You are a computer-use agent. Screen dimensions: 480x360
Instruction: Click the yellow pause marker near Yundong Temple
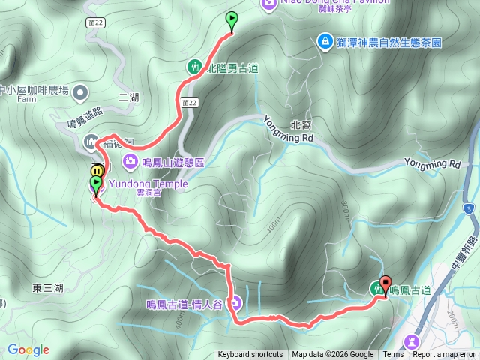tap(97, 172)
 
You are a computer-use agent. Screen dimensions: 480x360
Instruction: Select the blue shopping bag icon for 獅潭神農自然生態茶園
tap(325, 40)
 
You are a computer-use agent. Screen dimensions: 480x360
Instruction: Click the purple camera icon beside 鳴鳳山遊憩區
tap(130, 161)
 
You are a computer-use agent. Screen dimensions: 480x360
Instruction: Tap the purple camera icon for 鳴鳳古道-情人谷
tap(235, 304)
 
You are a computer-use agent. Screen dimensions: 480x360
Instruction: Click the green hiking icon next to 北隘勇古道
tap(193, 67)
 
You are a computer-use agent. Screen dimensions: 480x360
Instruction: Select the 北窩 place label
tap(300, 125)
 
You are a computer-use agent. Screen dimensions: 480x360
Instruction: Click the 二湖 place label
tap(129, 97)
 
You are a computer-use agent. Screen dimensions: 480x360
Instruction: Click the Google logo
tap(28, 349)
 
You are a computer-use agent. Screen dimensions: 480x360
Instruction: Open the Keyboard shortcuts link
tap(250, 355)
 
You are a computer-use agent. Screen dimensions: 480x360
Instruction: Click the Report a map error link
tap(444, 355)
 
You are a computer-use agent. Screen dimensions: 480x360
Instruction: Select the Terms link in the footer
tap(393, 355)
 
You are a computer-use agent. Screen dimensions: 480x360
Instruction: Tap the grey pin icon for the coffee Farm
tap(81, 92)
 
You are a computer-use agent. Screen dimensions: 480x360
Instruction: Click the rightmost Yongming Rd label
tap(432, 163)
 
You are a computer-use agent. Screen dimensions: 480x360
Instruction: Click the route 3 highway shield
tap(469, 208)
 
